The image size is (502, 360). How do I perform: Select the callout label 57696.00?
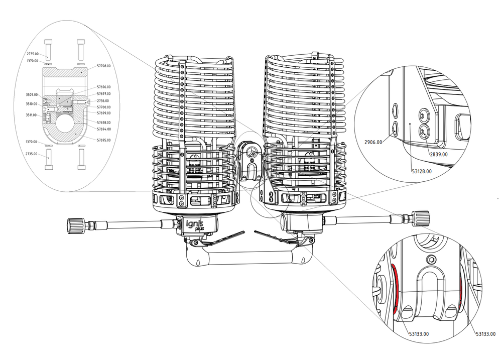[x=104, y=87]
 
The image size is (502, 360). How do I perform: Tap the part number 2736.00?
[x=103, y=100]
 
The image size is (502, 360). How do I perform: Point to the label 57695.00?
[x=104, y=140]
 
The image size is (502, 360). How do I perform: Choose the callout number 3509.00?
[x=32, y=94]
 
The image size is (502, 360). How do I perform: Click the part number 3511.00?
[x=32, y=115]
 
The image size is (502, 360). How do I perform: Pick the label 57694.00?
[x=104, y=129]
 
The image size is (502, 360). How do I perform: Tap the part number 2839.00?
[x=438, y=154]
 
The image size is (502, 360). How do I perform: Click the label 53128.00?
[x=422, y=171]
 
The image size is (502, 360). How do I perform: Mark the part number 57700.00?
[x=104, y=107]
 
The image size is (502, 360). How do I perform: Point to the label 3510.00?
[x=32, y=104]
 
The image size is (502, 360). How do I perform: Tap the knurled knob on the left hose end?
[x=74, y=223]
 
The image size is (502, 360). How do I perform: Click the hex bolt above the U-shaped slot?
[x=430, y=259]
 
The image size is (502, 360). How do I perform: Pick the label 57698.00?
[x=104, y=123]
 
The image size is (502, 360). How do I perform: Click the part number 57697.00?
[x=104, y=93]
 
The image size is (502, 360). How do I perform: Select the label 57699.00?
[x=104, y=113]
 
